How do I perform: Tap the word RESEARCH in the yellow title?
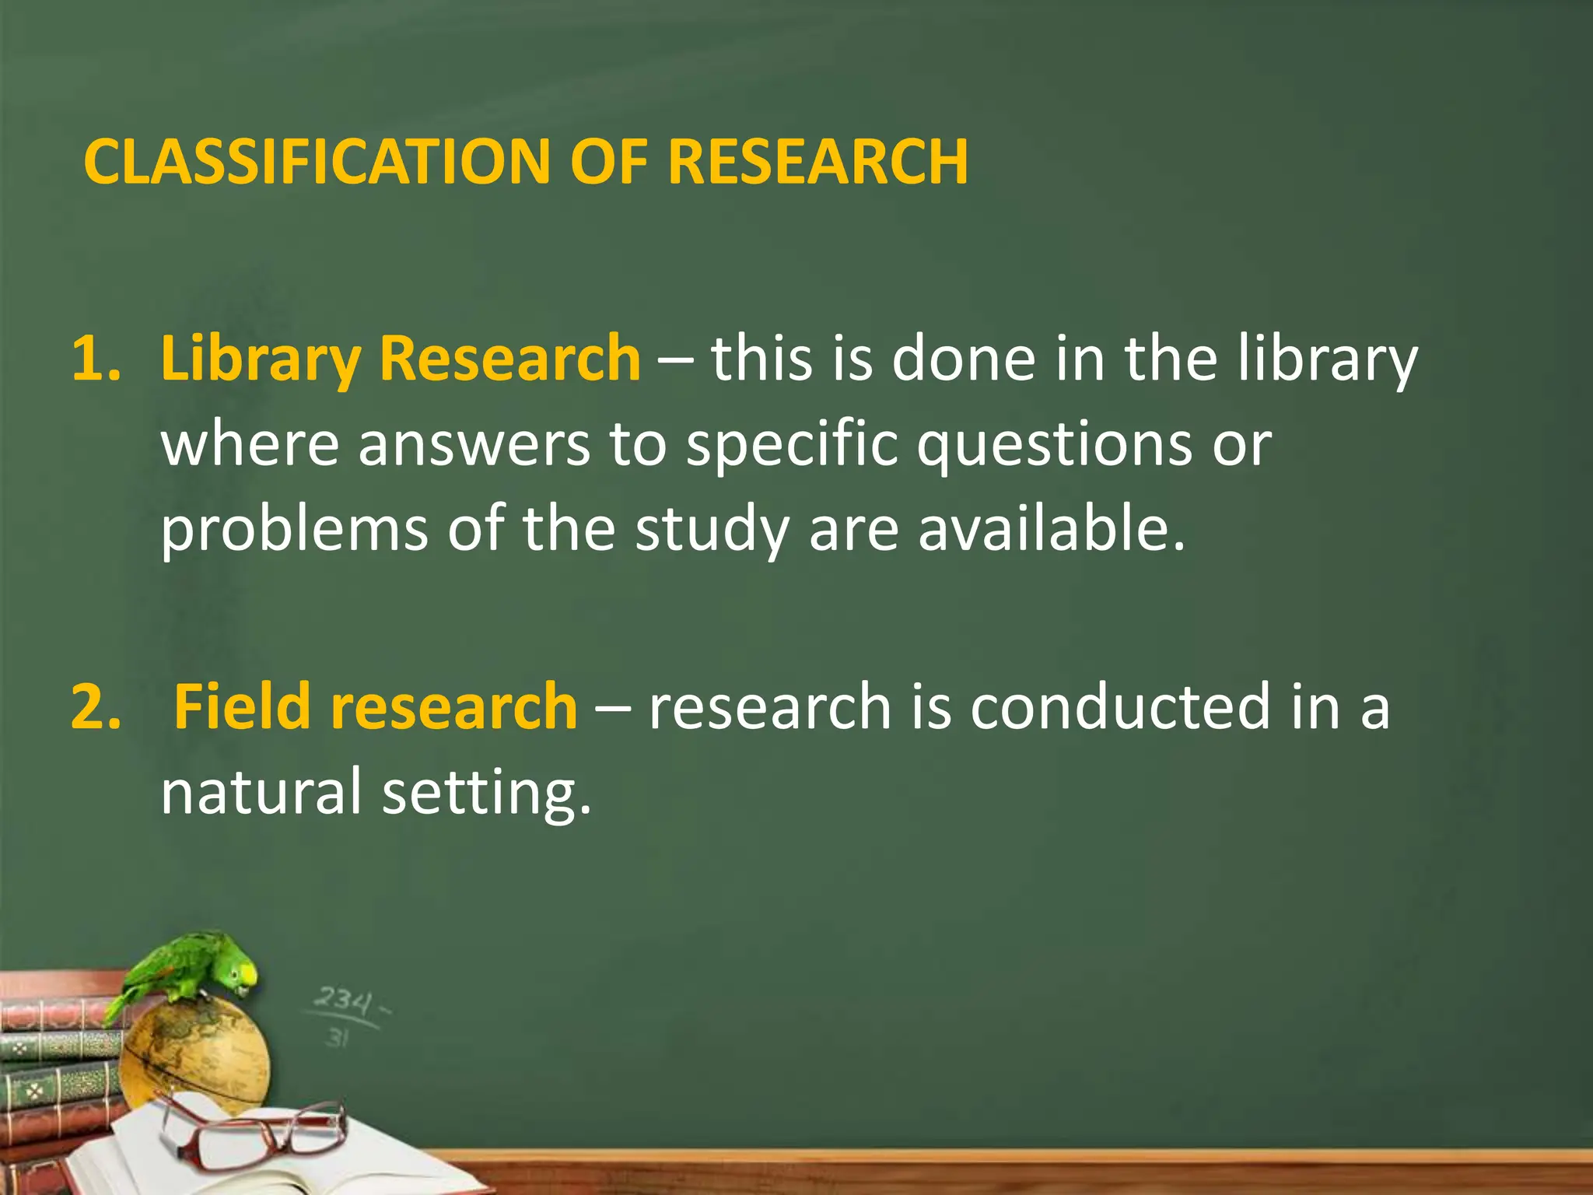click(818, 162)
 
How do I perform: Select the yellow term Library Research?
click(401, 359)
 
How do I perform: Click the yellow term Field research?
click(375, 706)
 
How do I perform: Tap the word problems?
click(294, 529)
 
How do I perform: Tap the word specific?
click(791, 447)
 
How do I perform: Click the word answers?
click(474, 447)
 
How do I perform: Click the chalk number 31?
click(337, 1037)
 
